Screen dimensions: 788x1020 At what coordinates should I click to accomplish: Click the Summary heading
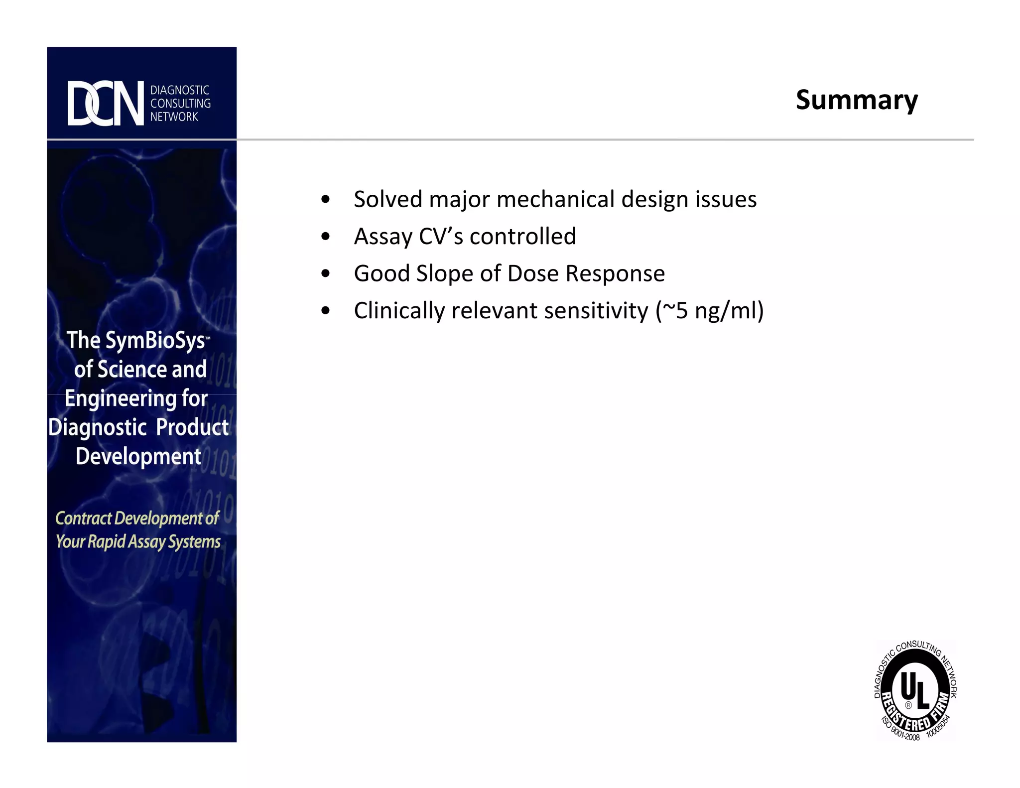856,100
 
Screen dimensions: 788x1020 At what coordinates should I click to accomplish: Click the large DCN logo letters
105,104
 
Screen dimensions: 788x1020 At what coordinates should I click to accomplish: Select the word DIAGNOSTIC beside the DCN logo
180,90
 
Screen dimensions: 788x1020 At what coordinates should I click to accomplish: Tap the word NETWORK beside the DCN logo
174,117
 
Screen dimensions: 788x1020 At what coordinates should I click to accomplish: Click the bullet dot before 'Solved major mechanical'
326,200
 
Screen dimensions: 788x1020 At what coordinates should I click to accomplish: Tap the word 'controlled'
522,237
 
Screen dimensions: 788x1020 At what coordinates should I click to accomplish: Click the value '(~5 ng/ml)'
709,311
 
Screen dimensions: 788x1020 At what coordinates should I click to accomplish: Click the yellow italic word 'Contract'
83,519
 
